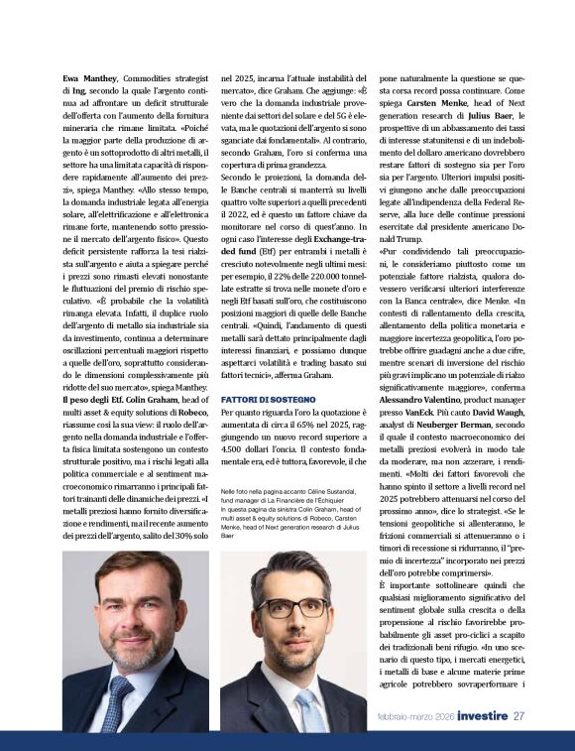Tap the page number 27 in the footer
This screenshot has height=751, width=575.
[x=518, y=714]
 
